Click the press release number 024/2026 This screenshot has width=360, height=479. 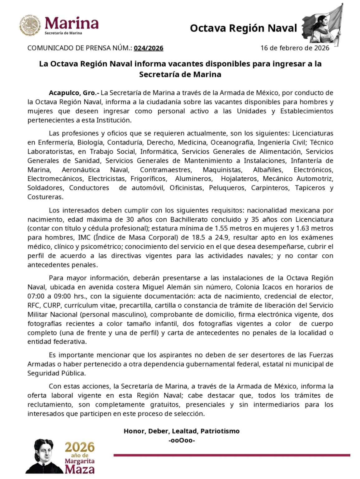point(149,48)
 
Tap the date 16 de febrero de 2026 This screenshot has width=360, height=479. point(295,48)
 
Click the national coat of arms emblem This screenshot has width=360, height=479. point(30,25)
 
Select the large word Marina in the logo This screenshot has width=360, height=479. point(72,23)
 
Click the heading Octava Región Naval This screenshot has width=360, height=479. point(243,28)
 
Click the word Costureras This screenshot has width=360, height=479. point(45,197)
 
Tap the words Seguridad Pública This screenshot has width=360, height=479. point(56,373)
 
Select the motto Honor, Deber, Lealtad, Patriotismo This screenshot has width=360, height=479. point(182,431)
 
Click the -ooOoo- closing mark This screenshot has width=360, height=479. point(182,440)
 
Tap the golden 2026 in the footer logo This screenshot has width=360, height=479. point(80,448)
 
